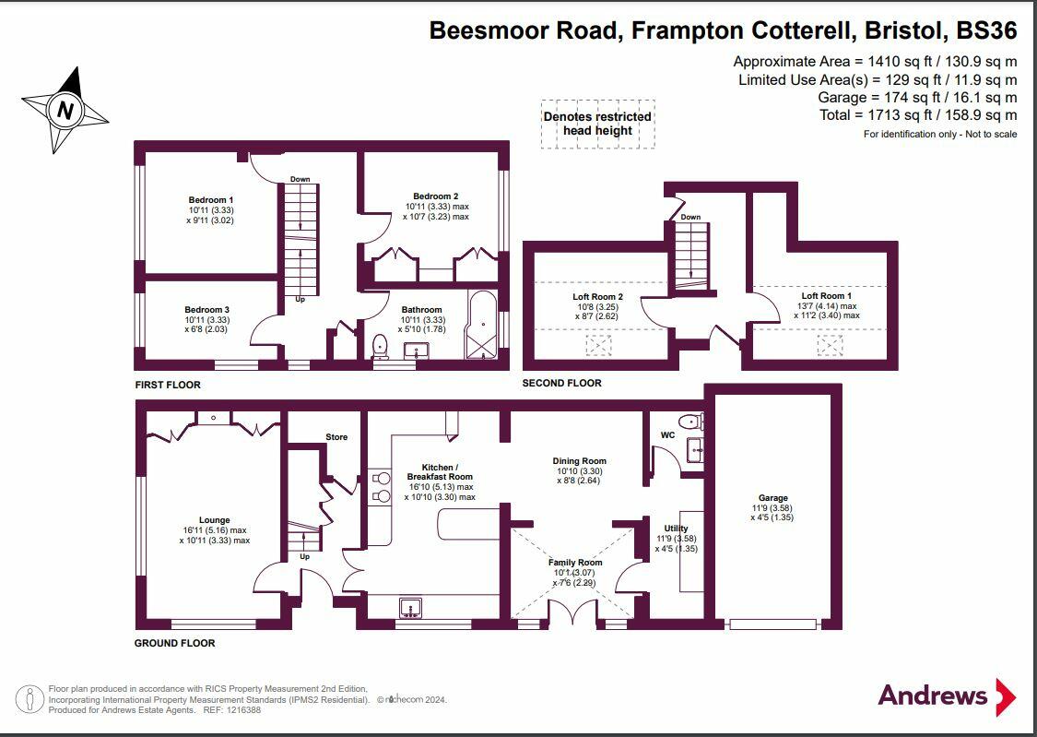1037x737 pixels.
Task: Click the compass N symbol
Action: coord(65,112)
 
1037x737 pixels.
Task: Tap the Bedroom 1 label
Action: coord(211,200)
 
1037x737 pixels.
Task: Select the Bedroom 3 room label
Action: coord(206,310)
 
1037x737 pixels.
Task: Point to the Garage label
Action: coord(772,498)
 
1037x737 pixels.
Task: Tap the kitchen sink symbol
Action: coord(411,607)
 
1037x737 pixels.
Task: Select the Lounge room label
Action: coord(214,520)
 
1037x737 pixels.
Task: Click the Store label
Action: coord(336,436)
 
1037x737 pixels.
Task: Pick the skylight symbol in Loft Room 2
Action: coord(598,346)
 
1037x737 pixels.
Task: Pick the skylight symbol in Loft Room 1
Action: coord(830,345)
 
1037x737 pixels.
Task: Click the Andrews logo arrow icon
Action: coord(1005,696)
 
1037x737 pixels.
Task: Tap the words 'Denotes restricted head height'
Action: coord(597,124)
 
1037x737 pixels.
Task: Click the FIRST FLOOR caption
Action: coord(168,385)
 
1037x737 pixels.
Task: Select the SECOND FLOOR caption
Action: coord(561,383)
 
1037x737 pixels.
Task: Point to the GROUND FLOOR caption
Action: coord(175,643)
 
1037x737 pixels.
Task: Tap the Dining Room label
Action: coord(579,461)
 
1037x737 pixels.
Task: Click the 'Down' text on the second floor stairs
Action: coord(690,217)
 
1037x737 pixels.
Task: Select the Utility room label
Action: coord(676,529)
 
